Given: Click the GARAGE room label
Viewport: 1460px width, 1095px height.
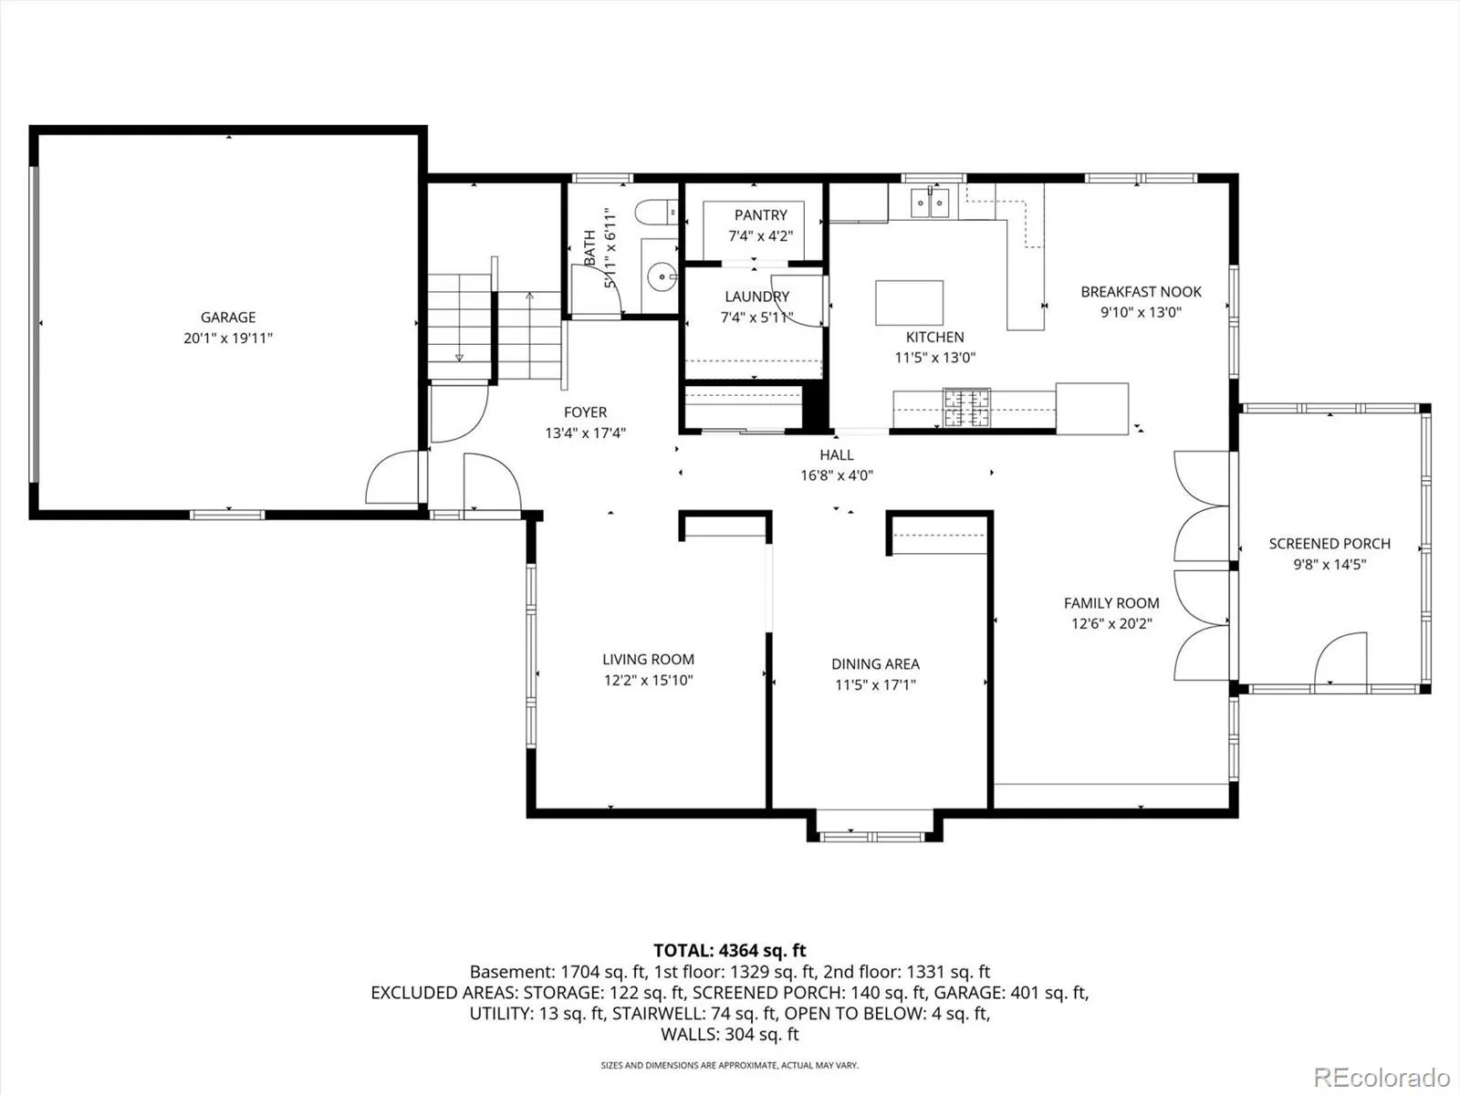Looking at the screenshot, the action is [228, 318].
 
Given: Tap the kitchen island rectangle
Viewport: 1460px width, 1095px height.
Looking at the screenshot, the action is [909, 303].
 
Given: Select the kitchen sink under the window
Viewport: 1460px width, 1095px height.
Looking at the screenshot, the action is [929, 202].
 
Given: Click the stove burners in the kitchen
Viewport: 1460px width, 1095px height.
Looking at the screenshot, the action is [966, 407].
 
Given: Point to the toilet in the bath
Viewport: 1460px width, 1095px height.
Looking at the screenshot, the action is [656, 213].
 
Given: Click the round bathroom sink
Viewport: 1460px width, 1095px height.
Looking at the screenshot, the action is [662, 276].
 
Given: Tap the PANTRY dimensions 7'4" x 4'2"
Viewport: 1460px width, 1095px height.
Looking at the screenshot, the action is [760, 236].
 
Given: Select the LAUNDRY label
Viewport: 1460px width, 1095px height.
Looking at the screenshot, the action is [757, 297].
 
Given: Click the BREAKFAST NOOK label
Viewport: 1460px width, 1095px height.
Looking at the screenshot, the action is [1141, 292].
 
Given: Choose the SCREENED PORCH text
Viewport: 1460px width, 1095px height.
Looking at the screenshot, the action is [1329, 544].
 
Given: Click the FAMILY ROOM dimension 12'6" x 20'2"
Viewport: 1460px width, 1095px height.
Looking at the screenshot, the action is [1111, 623].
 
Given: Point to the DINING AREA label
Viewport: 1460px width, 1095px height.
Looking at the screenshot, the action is [875, 664].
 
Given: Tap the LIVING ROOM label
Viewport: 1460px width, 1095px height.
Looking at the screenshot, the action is [648, 660].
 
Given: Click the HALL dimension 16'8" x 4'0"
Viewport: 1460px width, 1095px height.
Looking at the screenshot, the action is [836, 475].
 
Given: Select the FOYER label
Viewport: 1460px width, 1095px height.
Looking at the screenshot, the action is [585, 412].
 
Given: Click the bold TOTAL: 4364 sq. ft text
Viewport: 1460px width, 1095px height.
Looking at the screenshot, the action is [730, 950].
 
